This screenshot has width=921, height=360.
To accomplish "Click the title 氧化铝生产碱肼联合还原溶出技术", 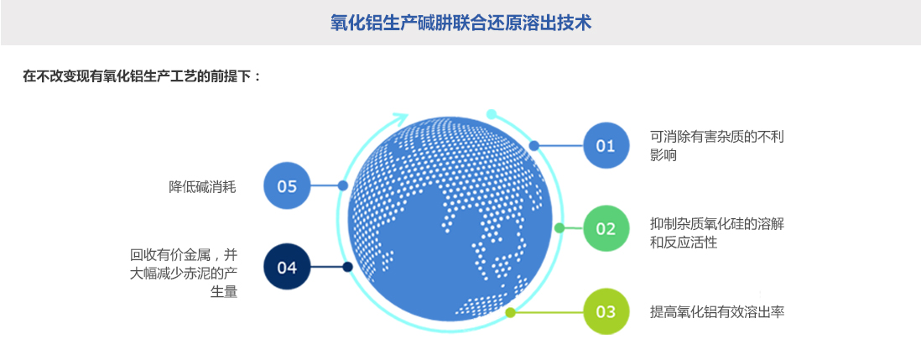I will pos(461,23).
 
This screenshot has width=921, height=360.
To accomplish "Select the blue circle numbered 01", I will pos(606,145).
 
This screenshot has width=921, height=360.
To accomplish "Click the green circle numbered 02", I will pos(606,228).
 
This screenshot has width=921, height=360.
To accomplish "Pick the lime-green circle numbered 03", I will pos(606,311).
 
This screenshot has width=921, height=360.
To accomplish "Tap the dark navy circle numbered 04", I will pos(287,268).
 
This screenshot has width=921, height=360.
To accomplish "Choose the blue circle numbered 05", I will pos(287,185).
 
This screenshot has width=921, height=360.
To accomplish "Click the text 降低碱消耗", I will pos(202,186).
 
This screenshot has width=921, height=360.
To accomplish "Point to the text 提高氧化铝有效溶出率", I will pos(717,312).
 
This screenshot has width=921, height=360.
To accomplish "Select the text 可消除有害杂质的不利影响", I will pos(717,145).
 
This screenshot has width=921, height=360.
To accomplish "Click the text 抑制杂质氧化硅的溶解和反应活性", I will pos(717,232).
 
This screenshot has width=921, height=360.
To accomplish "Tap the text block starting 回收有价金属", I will pos(184,273).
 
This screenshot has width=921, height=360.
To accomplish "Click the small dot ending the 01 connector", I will pos(534,145).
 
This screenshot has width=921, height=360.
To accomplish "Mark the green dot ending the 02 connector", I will pos(559,227).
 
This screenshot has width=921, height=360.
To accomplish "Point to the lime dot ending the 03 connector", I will pos(510,312).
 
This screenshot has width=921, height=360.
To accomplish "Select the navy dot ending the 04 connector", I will pos(347,268).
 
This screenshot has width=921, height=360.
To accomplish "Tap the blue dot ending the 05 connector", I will pos(342,185).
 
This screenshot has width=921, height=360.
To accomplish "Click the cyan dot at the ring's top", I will pos(492,113).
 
